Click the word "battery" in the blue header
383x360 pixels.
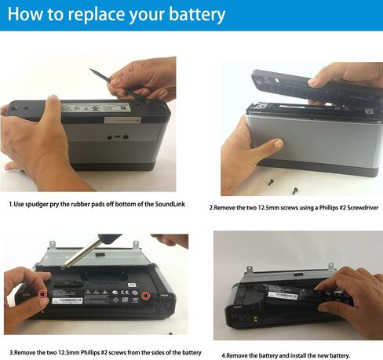coord(197,14)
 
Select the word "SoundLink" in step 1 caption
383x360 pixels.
coord(170,204)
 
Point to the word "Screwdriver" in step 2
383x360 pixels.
coord(363,208)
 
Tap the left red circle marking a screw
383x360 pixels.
coord(42,295)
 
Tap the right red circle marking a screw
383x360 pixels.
coord(145,296)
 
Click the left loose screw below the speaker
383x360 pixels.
coord(272,182)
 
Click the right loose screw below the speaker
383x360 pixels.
coord(295,191)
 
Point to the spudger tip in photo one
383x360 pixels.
coord(90,69)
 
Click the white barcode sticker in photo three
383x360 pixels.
coord(67,300)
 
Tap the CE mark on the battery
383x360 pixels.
coord(125,292)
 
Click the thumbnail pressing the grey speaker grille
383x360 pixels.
coord(279,144)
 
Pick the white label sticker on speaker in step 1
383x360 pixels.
coord(122,120)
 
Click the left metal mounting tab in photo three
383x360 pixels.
coord(53,244)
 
